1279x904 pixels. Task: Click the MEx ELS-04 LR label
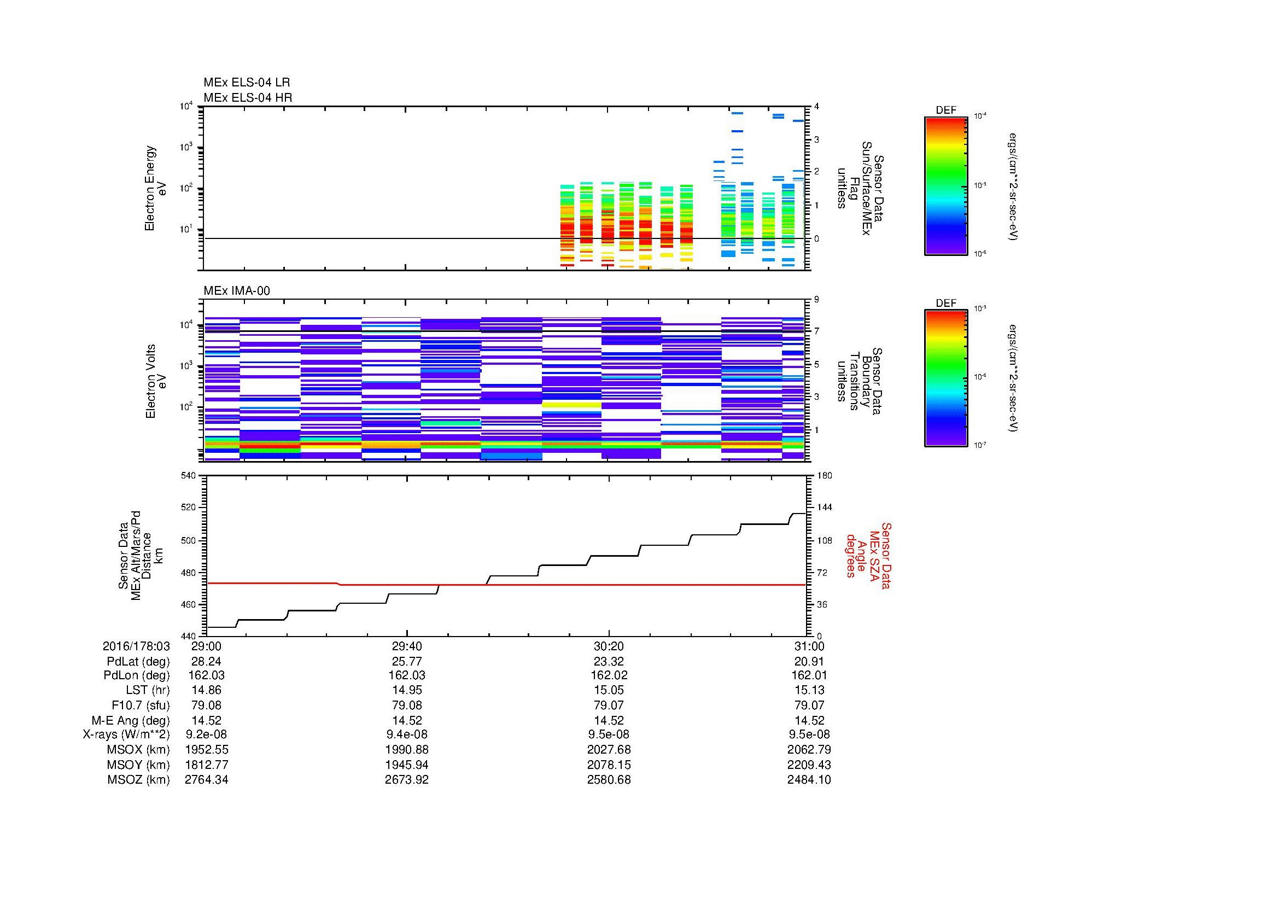pyautogui.click(x=247, y=83)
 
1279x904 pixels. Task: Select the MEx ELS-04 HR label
pyautogui.click(x=248, y=97)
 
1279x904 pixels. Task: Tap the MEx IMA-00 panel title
pyautogui.click(x=237, y=291)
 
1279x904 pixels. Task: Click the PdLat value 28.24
pyautogui.click(x=206, y=662)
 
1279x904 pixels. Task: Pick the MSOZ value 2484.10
pyautogui.click(x=809, y=780)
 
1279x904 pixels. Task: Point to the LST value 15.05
pyautogui.click(x=609, y=690)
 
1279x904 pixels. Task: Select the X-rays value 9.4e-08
pyautogui.click(x=407, y=734)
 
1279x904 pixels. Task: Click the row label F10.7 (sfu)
pyautogui.click(x=141, y=705)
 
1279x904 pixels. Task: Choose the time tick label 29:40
pyautogui.click(x=407, y=646)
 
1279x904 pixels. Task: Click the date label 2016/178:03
pyautogui.click(x=137, y=646)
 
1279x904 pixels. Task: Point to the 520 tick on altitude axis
pyautogui.click(x=188, y=508)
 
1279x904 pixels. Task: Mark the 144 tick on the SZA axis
pyautogui.click(x=824, y=508)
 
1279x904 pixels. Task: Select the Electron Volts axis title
pyautogui.click(x=156, y=382)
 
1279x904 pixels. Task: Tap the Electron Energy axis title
pyautogui.click(x=156, y=188)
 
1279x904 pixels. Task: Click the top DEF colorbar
pyautogui.click(x=945, y=186)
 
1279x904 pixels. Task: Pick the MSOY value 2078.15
pyautogui.click(x=609, y=765)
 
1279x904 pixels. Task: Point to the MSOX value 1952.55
pyautogui.click(x=206, y=750)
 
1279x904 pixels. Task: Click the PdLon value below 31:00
pyautogui.click(x=809, y=675)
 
